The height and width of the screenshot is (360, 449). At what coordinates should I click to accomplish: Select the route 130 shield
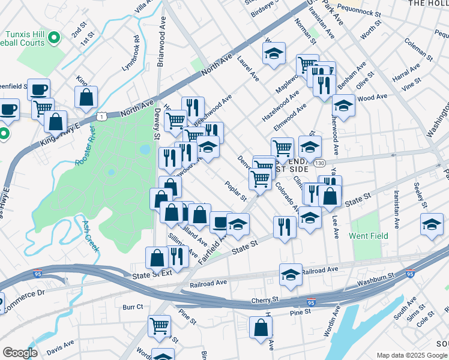click(x=320, y=163)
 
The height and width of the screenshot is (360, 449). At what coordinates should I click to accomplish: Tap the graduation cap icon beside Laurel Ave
click(x=274, y=54)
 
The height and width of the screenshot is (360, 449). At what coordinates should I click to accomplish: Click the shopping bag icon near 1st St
click(x=86, y=98)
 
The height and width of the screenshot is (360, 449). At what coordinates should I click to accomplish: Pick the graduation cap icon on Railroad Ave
click(x=291, y=275)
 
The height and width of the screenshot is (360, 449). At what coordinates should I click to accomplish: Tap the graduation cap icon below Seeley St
click(x=432, y=224)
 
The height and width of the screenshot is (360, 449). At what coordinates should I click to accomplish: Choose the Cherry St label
click(x=267, y=299)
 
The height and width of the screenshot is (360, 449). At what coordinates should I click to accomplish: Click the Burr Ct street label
click(x=133, y=306)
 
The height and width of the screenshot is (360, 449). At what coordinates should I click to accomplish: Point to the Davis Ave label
click(x=60, y=346)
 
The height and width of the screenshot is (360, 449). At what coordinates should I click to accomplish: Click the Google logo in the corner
click(x=20, y=353)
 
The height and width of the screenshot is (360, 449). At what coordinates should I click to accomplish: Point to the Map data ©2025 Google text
click(x=411, y=355)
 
